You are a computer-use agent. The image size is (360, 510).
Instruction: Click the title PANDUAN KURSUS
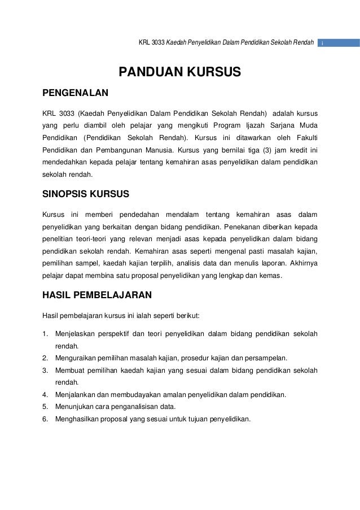click(x=179, y=72)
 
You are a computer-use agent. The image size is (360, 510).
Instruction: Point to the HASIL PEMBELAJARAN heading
click(x=94, y=294)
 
